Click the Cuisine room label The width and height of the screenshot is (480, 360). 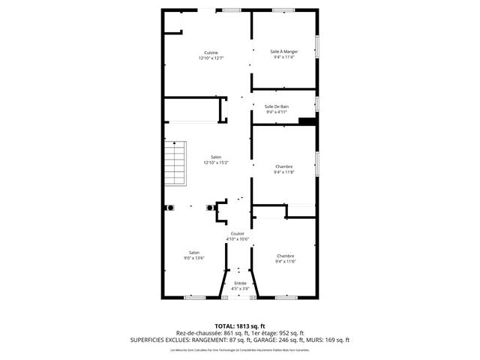click(x=211, y=52)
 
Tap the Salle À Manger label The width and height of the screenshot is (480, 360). click(x=284, y=51)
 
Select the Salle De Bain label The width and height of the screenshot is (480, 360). click(x=277, y=106)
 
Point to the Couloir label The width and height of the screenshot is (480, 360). click(x=237, y=233)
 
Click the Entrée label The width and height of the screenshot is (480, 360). click(x=240, y=283)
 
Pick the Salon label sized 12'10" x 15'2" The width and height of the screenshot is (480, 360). click(x=216, y=157)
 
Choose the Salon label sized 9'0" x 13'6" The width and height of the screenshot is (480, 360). click(x=194, y=252)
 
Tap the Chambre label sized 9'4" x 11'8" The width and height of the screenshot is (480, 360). click(x=284, y=166)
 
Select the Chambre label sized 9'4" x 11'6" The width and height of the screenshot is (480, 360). click(x=285, y=256)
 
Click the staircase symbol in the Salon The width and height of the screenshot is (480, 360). click(x=175, y=164)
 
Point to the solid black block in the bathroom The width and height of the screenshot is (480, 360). click(x=307, y=121)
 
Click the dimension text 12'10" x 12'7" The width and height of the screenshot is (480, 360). click(x=211, y=58)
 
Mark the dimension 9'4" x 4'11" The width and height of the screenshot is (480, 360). click(x=277, y=112)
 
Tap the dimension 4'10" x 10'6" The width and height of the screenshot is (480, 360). click(x=238, y=239)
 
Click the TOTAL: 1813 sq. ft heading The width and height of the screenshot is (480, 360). click(x=240, y=325)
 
